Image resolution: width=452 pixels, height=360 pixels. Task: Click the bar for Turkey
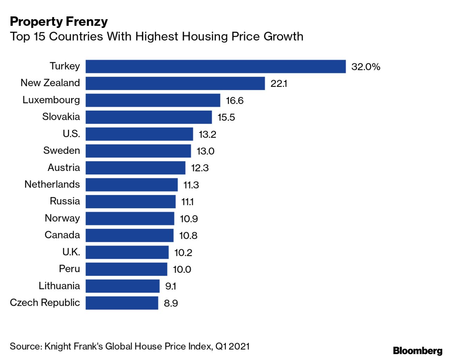pos(215,67)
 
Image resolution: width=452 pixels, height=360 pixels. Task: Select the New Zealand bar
pos(175,83)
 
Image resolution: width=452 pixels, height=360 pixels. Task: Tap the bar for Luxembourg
pos(153,100)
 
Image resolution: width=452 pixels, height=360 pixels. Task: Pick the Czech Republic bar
pos(122,303)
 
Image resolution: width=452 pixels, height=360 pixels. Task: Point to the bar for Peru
pos(126,269)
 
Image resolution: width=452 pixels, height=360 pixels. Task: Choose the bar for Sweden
pos(138,151)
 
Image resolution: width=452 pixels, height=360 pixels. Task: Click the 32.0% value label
pos(365,67)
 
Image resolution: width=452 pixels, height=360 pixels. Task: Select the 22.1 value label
pos(279,84)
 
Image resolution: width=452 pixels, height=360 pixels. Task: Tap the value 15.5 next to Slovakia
pos(226,117)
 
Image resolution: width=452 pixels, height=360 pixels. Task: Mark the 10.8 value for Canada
pos(188,235)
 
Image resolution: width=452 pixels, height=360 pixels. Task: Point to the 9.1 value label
pos(171,286)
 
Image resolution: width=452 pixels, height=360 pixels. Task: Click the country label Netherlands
pos(52,184)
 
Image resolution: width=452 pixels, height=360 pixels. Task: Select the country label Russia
pos(65,201)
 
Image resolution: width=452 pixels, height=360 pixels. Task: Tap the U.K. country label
pos(71,252)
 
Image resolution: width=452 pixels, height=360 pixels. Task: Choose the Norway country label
pos(62,218)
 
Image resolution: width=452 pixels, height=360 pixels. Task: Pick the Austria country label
pos(64,167)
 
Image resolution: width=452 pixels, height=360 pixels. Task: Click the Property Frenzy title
pos(59,22)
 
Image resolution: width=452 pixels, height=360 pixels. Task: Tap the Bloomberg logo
pos(417,351)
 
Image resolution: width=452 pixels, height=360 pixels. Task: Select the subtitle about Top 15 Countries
pos(157,36)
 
